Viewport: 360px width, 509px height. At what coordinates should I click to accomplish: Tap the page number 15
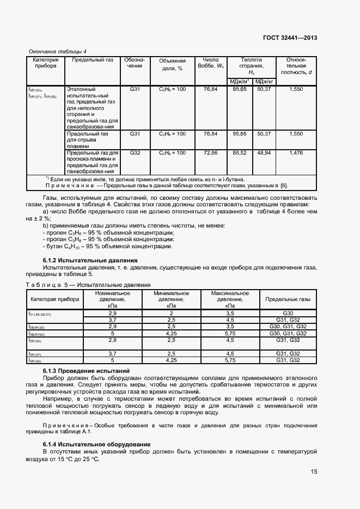tap(314, 471)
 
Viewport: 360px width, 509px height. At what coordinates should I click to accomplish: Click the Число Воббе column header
tap(210, 63)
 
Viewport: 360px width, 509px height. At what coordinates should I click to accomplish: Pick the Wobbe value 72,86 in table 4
tap(210, 154)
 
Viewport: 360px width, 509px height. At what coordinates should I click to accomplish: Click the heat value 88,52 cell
tap(240, 154)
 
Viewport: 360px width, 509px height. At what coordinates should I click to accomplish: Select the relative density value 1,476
tap(296, 154)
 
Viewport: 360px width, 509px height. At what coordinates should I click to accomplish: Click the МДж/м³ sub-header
tap(240, 81)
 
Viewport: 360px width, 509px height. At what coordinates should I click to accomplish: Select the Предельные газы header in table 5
tap(288, 299)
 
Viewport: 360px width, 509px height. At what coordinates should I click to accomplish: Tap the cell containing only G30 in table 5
tap(288, 314)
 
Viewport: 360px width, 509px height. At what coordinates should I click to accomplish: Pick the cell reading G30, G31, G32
tap(288, 327)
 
